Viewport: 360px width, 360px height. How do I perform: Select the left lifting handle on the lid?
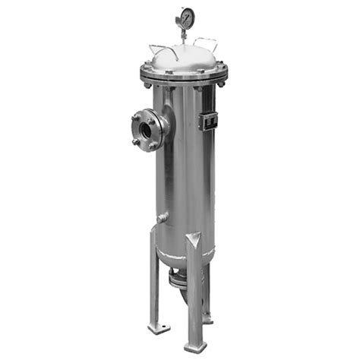[162, 48]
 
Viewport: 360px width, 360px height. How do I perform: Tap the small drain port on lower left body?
[161, 219]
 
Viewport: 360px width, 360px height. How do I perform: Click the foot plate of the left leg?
[159, 328]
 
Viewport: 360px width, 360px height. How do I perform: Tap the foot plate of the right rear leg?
[208, 319]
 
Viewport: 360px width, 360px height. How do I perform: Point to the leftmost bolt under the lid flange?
[146, 83]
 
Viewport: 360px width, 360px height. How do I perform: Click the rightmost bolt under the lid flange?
[221, 83]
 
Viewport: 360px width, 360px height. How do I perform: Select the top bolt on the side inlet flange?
[150, 112]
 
